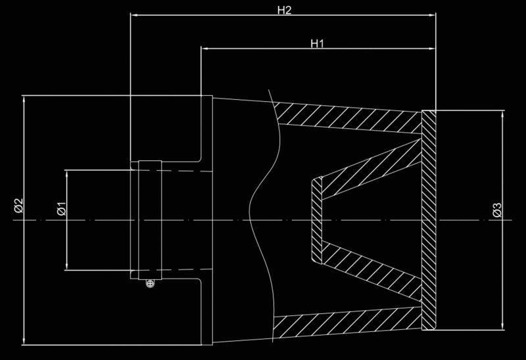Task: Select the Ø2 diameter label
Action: click(18, 206)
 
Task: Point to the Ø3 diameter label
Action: click(497, 210)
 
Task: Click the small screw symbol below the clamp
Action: click(151, 283)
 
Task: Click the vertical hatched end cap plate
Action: click(429, 220)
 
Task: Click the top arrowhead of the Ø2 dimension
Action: click(24, 99)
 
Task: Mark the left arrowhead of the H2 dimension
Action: click(134, 14)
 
